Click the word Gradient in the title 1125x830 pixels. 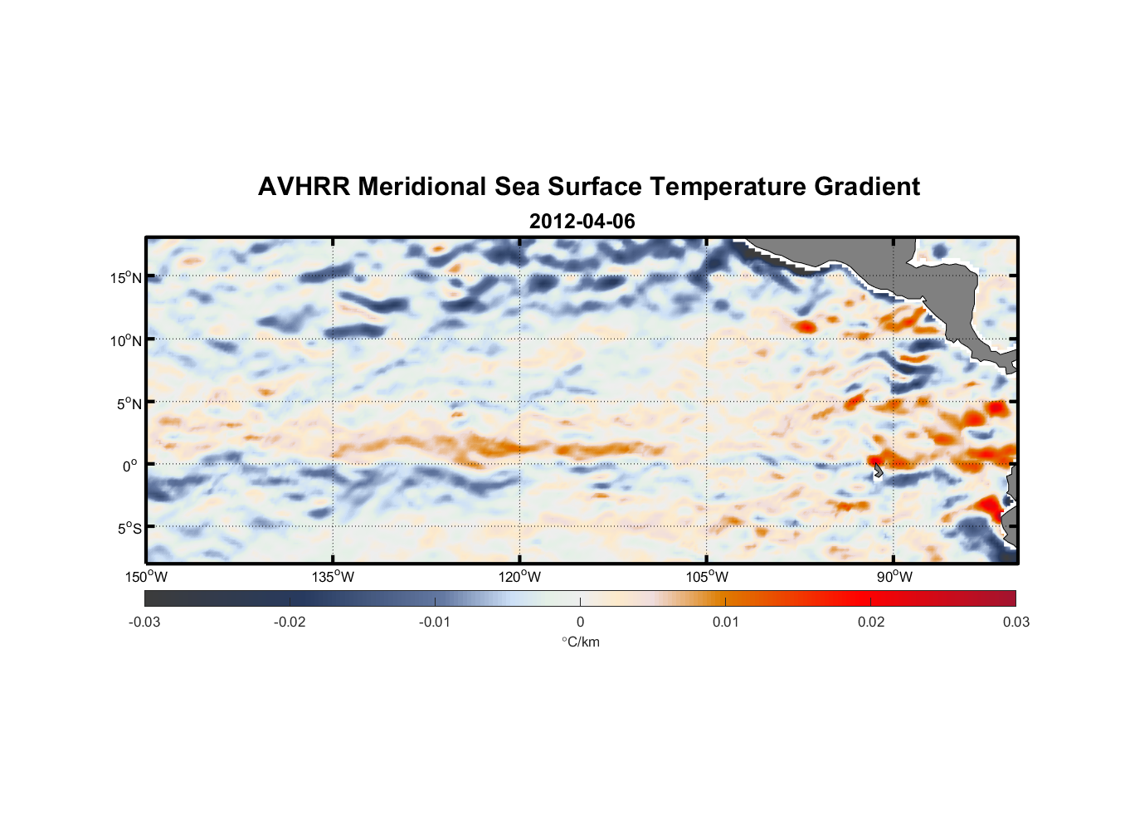pyautogui.click(x=866, y=187)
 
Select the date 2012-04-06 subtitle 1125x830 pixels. pyautogui.click(x=582, y=222)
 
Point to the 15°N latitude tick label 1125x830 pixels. pyautogui.click(x=126, y=277)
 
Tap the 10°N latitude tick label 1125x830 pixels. pyautogui.click(x=126, y=340)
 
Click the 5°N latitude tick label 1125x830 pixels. pyautogui.click(x=129, y=403)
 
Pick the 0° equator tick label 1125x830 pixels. pyautogui.click(x=130, y=466)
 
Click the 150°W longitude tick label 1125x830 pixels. pyautogui.click(x=147, y=577)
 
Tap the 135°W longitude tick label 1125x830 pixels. pyautogui.click(x=334, y=577)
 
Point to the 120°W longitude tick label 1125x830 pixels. pyautogui.click(x=520, y=577)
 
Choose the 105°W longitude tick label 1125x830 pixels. pyautogui.click(x=707, y=577)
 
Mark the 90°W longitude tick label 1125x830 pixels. pyautogui.click(x=894, y=577)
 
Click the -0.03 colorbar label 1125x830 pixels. pyautogui.click(x=144, y=622)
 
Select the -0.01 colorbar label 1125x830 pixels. pyautogui.click(x=435, y=622)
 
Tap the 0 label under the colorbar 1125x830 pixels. pyautogui.click(x=580, y=622)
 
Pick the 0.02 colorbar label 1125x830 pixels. pyautogui.click(x=871, y=622)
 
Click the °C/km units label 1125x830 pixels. pyautogui.click(x=580, y=642)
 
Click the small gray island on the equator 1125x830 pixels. pyautogui.click(x=878, y=471)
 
